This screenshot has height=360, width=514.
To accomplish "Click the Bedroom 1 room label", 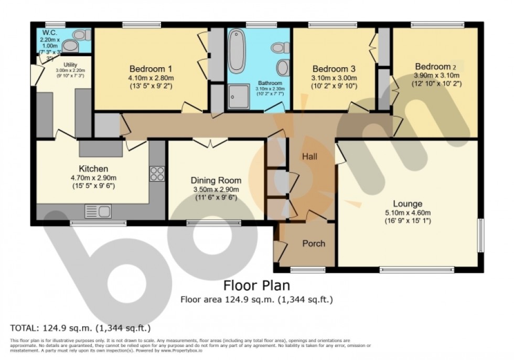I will click(x=151, y=69).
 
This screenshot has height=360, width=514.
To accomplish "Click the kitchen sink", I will click(x=98, y=211).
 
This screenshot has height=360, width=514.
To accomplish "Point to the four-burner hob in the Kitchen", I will click(x=157, y=174).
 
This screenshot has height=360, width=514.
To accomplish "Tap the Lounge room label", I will click(x=408, y=204).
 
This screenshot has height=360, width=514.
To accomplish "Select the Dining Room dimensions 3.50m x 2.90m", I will click(x=215, y=189).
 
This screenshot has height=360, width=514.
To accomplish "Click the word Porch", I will click(x=314, y=243).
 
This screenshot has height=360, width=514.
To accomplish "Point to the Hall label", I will click(x=309, y=156).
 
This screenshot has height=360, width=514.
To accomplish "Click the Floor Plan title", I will click(x=256, y=286).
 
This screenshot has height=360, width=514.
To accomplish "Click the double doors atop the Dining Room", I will click(x=210, y=142).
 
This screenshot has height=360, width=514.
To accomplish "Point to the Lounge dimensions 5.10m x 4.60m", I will click(x=408, y=213).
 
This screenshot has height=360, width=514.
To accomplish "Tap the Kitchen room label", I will click(x=93, y=169).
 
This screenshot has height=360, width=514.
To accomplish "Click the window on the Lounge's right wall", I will click(x=479, y=236).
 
